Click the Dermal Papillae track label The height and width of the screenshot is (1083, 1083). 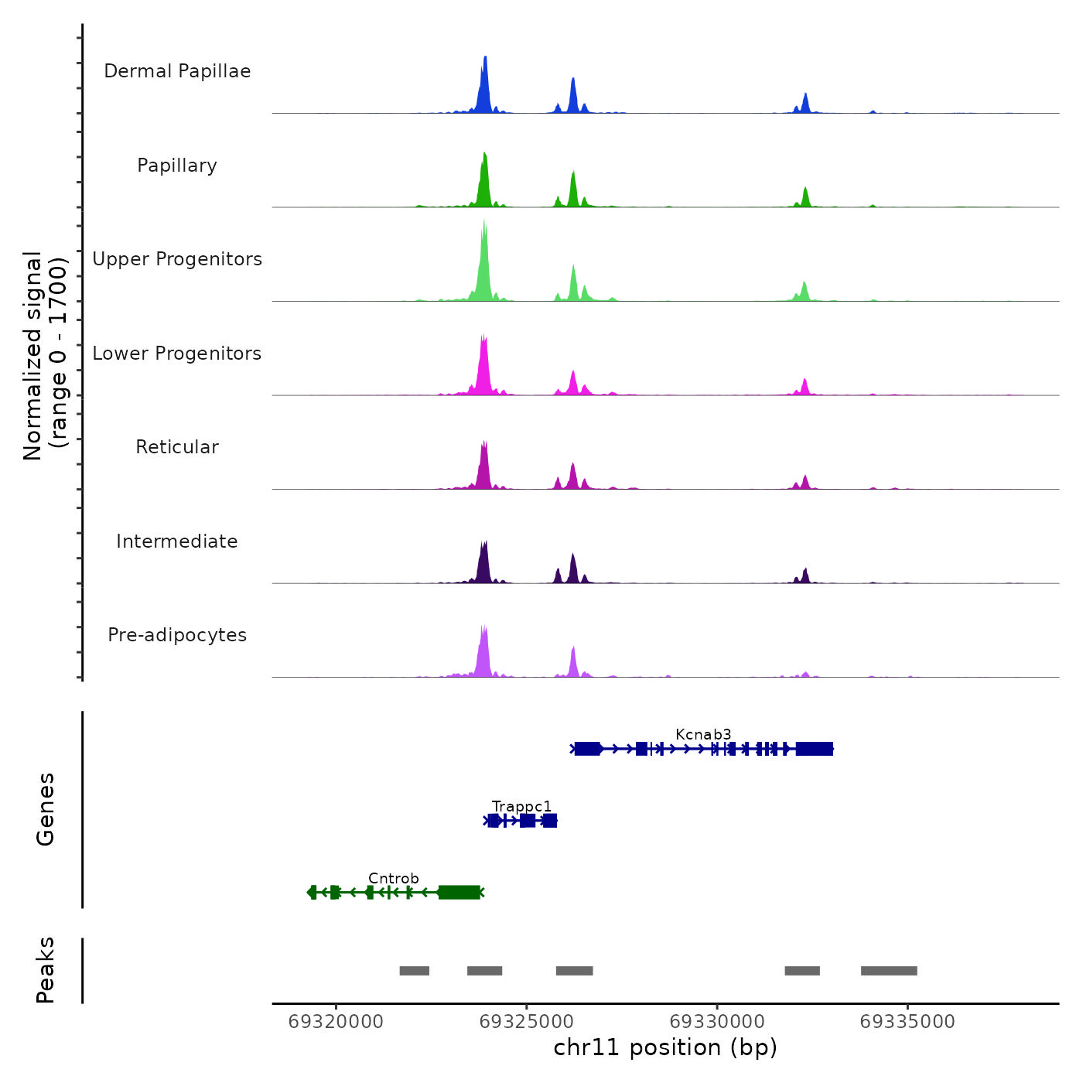tap(177, 71)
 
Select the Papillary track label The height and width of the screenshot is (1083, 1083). tap(177, 166)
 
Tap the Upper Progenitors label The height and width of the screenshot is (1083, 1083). tap(177, 259)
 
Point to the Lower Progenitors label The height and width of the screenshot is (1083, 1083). tap(177, 354)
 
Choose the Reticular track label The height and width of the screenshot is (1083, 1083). tap(177, 447)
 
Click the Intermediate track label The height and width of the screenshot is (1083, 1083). tap(177, 541)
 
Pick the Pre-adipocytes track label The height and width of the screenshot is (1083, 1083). tap(177, 635)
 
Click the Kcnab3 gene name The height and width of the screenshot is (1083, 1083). tap(703, 734)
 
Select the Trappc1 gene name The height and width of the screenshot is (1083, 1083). tap(521, 807)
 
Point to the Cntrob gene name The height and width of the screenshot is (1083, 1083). tap(393, 878)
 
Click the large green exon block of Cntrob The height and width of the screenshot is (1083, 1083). tap(459, 892)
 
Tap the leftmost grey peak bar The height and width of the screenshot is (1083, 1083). tap(414, 971)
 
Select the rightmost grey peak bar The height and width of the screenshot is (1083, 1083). tap(889, 971)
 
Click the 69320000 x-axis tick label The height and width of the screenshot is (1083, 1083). tap(336, 1022)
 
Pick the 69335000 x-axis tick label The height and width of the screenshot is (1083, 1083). tap(907, 1022)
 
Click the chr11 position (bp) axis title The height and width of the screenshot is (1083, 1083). tap(665, 1047)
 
